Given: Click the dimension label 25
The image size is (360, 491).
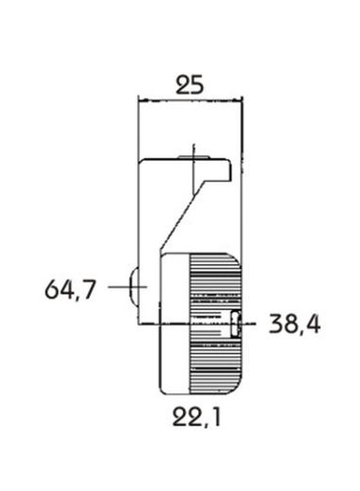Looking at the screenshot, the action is (x=190, y=86).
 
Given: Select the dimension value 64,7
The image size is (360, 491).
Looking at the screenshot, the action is (x=70, y=290).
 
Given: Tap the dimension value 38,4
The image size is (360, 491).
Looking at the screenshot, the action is (x=294, y=324).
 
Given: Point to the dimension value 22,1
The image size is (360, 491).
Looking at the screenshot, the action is (x=196, y=417).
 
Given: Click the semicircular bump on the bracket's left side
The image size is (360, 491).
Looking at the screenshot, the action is (x=133, y=287).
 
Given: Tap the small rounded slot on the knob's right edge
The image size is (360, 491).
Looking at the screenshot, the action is (x=235, y=324).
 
